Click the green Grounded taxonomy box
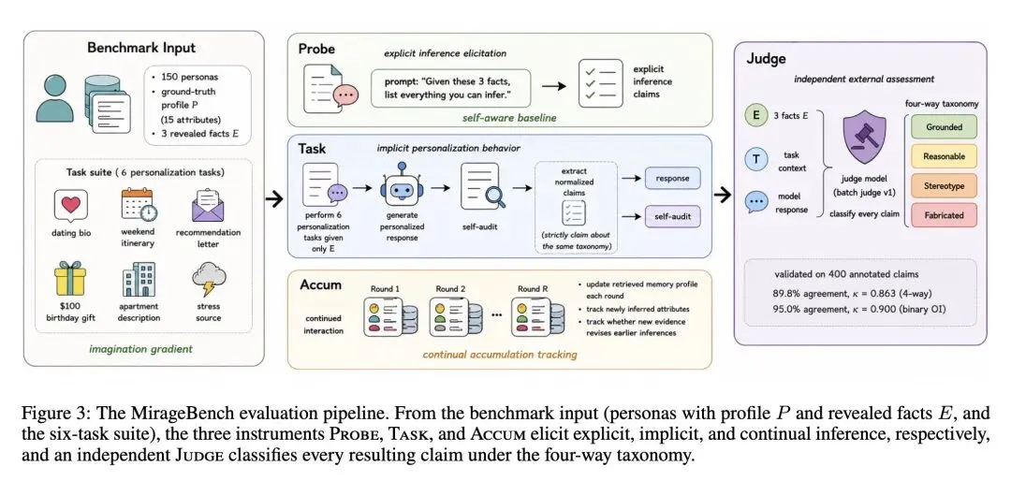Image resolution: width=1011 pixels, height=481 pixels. pos(944,127)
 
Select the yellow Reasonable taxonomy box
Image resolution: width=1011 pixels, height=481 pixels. pos(944,156)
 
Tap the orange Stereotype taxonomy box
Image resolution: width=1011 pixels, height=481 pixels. pos(944,185)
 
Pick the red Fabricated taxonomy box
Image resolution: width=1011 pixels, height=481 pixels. pos(944,215)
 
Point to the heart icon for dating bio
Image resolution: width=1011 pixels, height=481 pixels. pos(70,206)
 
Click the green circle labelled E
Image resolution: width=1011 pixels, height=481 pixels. pos(754,116)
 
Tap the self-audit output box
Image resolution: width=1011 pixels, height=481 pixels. pos(673,215)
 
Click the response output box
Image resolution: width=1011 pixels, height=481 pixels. pos(673,178)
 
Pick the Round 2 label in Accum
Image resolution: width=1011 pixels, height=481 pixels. pos(450,289)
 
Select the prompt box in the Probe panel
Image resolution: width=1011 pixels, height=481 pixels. pos(450,88)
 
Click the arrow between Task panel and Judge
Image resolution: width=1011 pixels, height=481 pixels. pos(723,195)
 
